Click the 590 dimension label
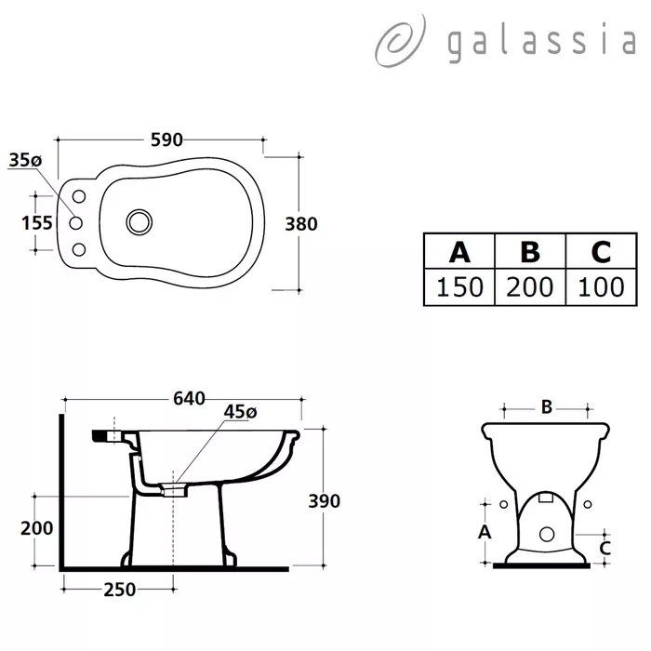(x=166, y=139)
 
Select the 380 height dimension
(x=301, y=224)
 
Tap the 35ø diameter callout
(x=25, y=160)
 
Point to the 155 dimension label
(x=37, y=223)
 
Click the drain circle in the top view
(x=139, y=221)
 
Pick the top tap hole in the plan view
(x=79, y=196)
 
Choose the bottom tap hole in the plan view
(x=79, y=249)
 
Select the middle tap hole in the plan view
(x=75, y=223)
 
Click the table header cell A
(x=459, y=252)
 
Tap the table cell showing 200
(x=530, y=286)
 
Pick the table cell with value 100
(x=601, y=286)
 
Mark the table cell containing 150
(x=459, y=286)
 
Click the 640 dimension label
(x=189, y=399)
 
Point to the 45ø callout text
(x=240, y=412)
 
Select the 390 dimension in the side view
(x=325, y=501)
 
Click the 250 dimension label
(x=120, y=590)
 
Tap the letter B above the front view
(x=547, y=407)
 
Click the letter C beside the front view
(x=604, y=549)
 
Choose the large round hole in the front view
(x=547, y=535)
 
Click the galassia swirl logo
(x=400, y=42)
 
